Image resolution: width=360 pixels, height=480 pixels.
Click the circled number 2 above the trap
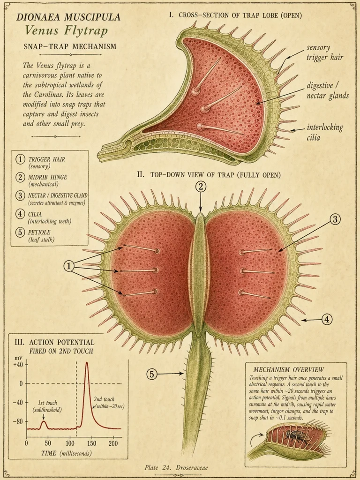click(x=201, y=187)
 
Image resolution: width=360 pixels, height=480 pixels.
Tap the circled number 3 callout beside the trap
click(x=335, y=219)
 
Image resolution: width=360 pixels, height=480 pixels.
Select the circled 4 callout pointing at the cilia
click(x=327, y=319)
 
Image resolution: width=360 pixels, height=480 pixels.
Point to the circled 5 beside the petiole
click(x=152, y=374)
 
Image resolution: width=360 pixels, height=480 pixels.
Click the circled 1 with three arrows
click(x=69, y=267)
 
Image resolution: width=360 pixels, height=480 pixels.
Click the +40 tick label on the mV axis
click(x=18, y=365)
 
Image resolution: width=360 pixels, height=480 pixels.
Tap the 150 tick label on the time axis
click(x=91, y=443)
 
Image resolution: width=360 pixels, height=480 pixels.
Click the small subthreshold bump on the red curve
click(x=44, y=422)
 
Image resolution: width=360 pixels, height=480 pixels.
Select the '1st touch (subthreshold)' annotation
click(x=47, y=406)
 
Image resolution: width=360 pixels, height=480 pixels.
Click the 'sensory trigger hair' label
click(x=325, y=52)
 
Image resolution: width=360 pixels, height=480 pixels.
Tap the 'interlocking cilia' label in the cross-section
click(x=325, y=132)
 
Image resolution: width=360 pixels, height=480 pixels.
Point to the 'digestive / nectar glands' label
click(x=328, y=90)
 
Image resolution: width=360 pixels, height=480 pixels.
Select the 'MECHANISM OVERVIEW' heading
click(x=288, y=369)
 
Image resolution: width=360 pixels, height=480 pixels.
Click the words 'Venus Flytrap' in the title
click(x=66, y=30)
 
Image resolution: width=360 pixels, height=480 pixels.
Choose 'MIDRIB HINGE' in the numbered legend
click(x=47, y=177)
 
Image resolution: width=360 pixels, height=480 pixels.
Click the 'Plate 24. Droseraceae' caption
click(x=176, y=467)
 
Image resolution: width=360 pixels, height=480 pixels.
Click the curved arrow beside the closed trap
click(x=254, y=438)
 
